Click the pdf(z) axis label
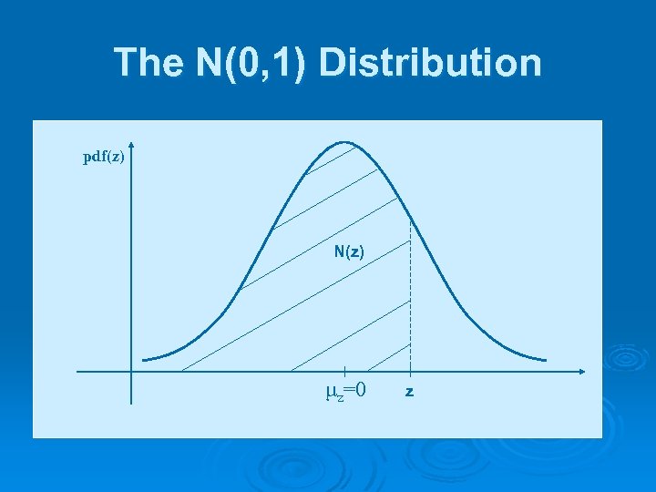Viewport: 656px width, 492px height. click(104, 157)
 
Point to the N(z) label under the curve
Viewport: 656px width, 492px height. click(349, 251)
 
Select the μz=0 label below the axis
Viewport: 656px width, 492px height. click(346, 392)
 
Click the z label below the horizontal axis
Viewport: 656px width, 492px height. click(410, 392)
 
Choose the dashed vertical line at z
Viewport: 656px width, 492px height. click(410, 301)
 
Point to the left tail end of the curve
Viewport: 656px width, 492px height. click(144, 359)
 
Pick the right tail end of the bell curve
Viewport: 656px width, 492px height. click(546, 359)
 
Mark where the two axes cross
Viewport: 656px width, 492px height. click(131, 372)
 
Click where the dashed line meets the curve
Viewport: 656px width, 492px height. click(410, 220)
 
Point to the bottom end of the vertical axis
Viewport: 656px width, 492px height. click(131, 402)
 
